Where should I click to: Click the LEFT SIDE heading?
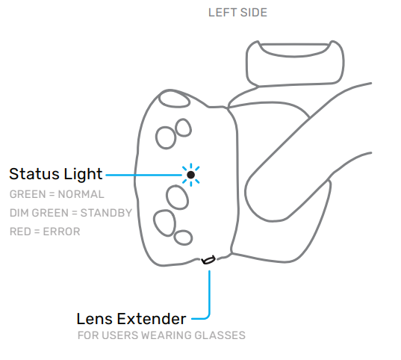(237, 13)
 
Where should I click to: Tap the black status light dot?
(190, 175)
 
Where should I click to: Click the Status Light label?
(56, 174)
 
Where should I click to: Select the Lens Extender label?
(131, 319)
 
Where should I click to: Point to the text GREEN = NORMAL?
(57, 194)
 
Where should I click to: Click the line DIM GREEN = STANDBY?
(71, 213)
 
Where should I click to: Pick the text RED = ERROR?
(45, 232)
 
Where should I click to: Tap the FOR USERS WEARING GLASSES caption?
(161, 335)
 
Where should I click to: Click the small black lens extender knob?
(208, 260)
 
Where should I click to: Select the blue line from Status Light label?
(143, 175)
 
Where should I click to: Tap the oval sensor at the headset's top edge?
(174, 99)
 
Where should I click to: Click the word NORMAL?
(81, 194)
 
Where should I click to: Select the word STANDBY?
(106, 213)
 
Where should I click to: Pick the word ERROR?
(61, 232)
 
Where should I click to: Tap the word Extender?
(152, 319)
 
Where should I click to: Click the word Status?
(34, 174)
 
